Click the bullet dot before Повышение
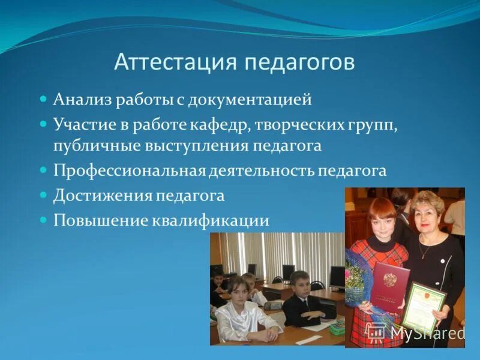(x=43, y=220)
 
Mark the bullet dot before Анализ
(x=43, y=99)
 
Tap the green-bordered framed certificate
(x=425, y=307)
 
